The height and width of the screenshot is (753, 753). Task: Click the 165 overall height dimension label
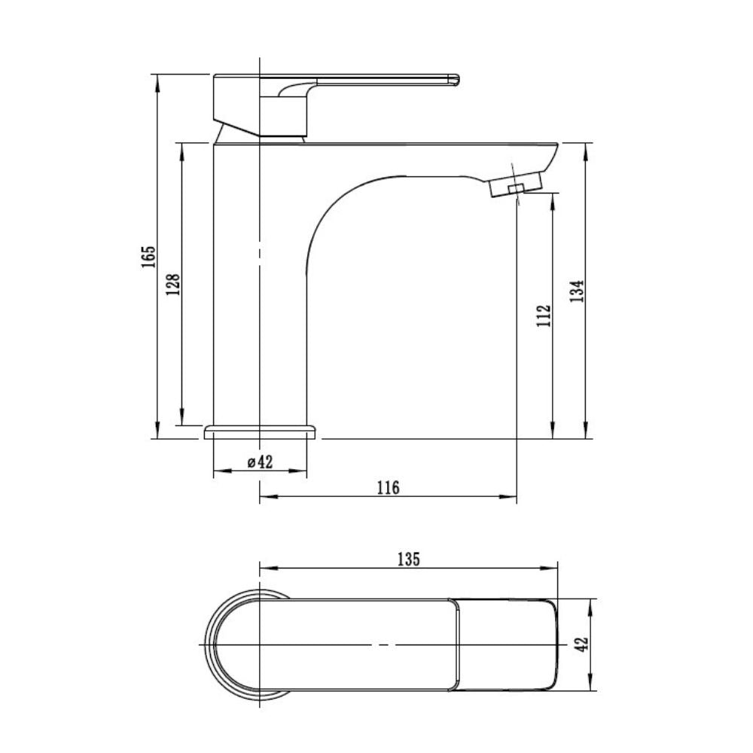pyautogui.click(x=149, y=257)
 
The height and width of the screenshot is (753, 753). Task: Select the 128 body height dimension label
pyautogui.click(x=173, y=285)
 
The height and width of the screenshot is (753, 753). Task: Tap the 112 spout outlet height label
pyautogui.click(x=544, y=316)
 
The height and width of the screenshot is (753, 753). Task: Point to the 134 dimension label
pyautogui.click(x=577, y=291)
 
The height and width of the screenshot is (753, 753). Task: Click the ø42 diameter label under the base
pyautogui.click(x=260, y=462)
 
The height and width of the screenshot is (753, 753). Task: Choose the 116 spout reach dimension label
pyautogui.click(x=388, y=488)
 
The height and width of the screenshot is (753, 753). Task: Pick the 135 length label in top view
pyautogui.click(x=409, y=559)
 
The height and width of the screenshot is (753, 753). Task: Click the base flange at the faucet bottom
pyautogui.click(x=260, y=431)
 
